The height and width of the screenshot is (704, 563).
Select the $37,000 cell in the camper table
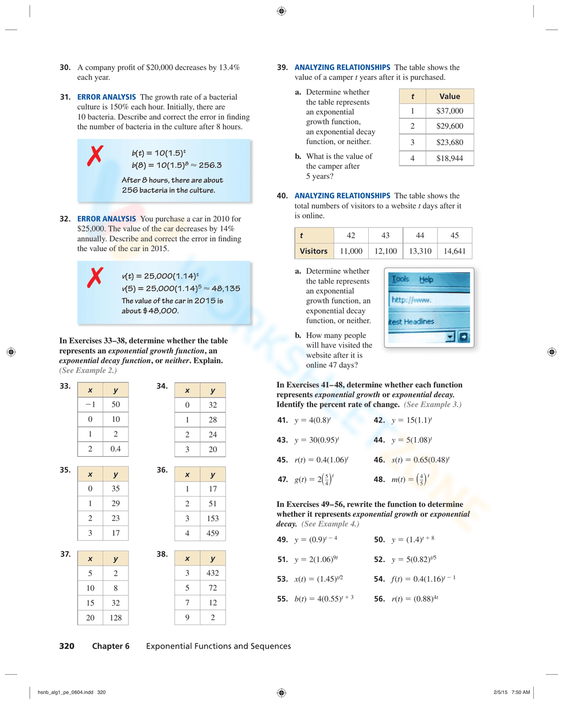tap(449, 111)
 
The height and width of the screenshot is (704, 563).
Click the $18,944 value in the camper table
tap(449, 158)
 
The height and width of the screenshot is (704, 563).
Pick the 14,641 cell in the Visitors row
tap(454, 251)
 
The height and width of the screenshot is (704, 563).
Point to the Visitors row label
tap(314, 251)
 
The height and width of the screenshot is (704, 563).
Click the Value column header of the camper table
tap(449, 96)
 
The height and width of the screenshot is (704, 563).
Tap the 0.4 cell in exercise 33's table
tap(115, 449)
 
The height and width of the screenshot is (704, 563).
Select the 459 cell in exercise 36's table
tap(212, 533)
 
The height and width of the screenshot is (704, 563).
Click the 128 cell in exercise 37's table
tap(115, 617)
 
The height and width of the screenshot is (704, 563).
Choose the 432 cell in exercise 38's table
tap(212, 573)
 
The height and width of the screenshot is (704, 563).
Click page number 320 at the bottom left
tap(66, 646)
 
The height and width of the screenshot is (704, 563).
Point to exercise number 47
tap(282, 479)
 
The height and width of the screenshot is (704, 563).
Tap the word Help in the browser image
tap(426, 279)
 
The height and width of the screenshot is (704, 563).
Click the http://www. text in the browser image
tap(412, 300)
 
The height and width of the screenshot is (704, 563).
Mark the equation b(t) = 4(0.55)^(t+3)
tap(324, 599)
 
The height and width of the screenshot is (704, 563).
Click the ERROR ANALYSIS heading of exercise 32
tap(106, 219)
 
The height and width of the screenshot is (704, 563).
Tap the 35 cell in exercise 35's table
tap(115, 488)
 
